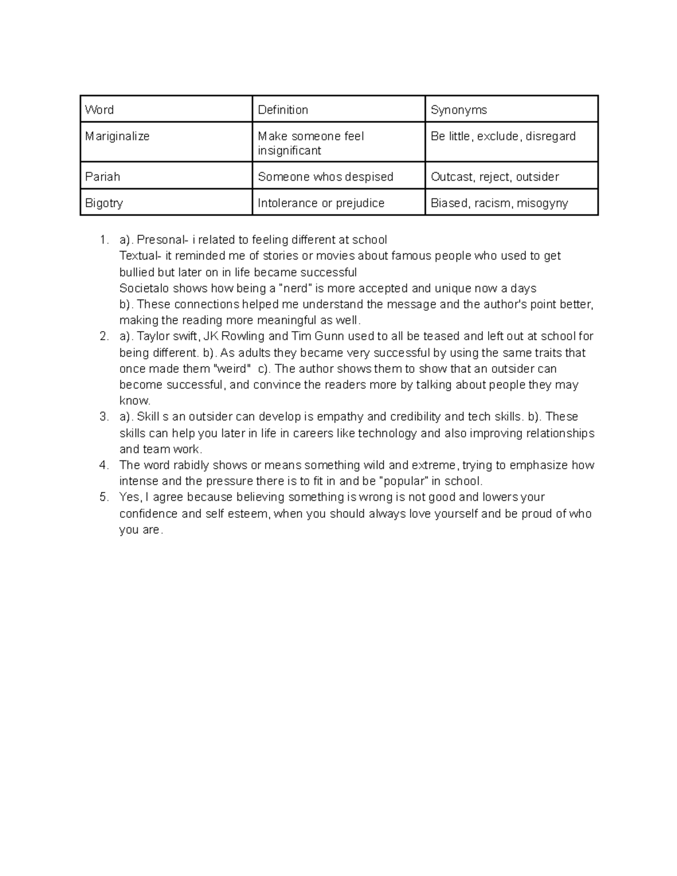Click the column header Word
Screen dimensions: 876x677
[99, 110]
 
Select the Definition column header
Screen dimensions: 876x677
[283, 110]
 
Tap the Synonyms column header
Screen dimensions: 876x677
[459, 110]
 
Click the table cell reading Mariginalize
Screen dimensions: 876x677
[117, 137]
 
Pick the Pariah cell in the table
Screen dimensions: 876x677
[103, 177]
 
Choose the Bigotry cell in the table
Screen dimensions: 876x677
[104, 203]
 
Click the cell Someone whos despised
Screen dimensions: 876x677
[326, 177]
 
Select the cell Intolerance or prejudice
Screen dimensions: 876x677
[321, 203]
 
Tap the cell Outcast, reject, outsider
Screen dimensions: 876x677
[495, 177]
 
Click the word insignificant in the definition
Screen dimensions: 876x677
[289, 151]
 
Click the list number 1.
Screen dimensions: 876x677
[103, 240]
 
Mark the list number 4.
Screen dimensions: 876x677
[103, 465]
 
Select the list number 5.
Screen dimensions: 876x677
[103, 498]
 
